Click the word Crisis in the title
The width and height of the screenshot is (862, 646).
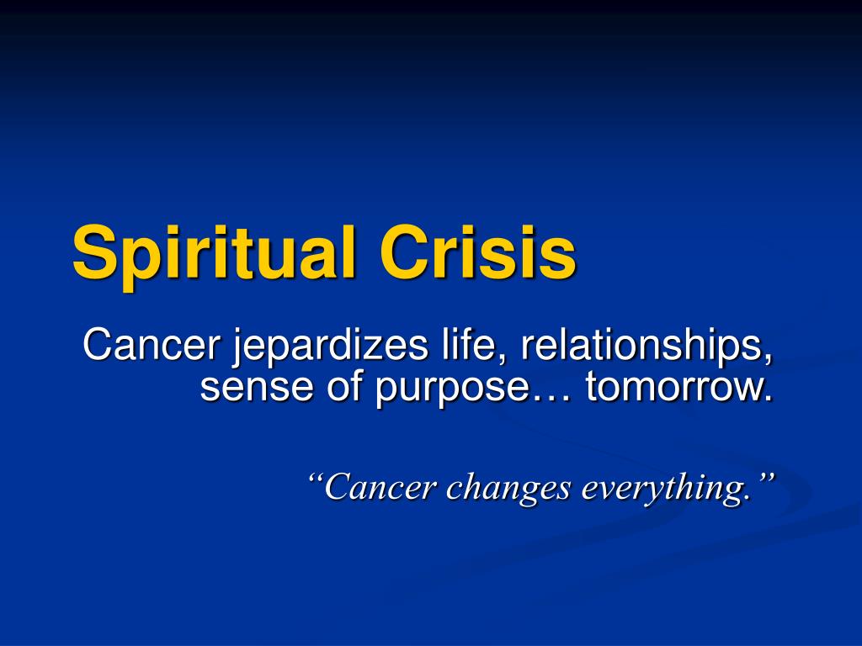click(478, 252)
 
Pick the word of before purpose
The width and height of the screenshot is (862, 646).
click(344, 384)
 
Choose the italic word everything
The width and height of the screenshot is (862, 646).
click(663, 489)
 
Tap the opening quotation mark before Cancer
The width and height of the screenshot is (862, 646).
click(316, 476)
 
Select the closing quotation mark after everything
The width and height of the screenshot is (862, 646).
click(764, 476)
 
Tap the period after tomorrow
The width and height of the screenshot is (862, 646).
click(768, 398)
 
